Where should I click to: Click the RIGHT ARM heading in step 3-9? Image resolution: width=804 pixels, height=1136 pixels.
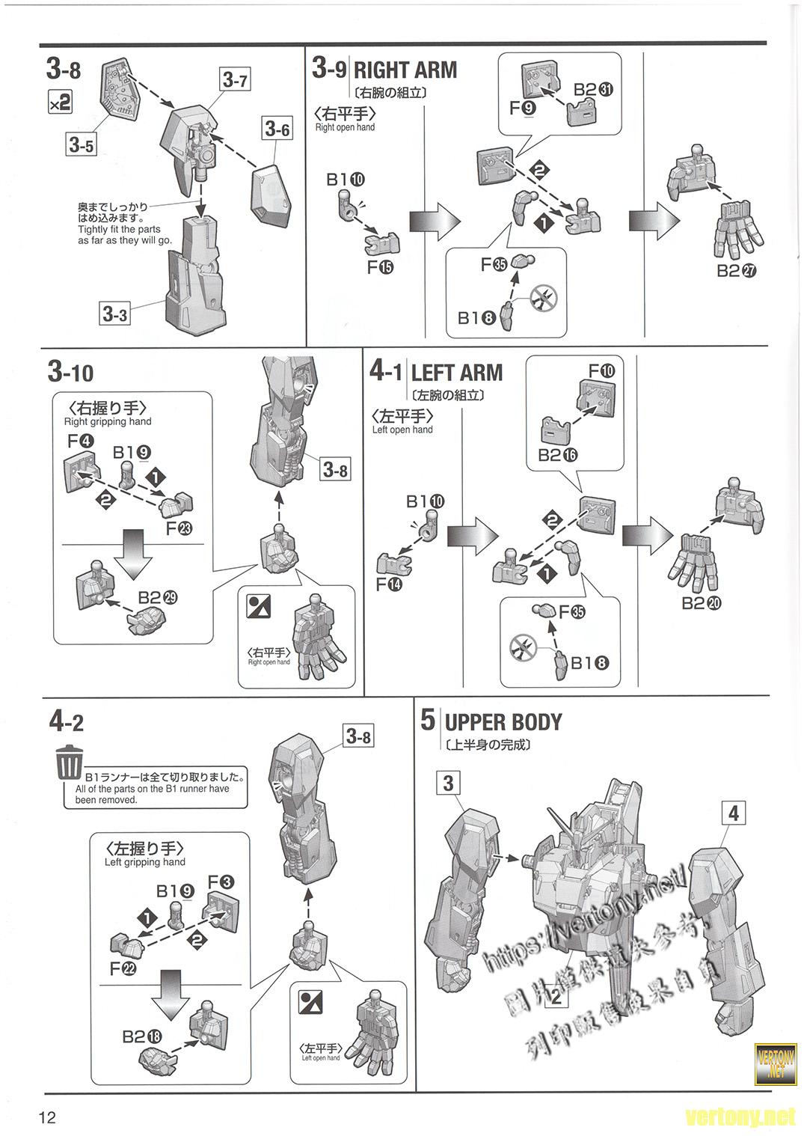(405, 70)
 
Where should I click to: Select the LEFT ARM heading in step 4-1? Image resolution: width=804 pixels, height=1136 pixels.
(456, 373)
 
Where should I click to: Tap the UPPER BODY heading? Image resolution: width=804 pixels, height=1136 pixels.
(503, 722)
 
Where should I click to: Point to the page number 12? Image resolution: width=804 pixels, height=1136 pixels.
(48, 1118)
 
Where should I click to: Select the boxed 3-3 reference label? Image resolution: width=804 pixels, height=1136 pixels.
(114, 314)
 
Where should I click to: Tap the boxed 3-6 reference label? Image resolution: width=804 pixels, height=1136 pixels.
(276, 129)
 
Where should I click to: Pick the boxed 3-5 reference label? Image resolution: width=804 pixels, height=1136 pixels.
(81, 144)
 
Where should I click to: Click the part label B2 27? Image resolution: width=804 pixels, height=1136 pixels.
(737, 271)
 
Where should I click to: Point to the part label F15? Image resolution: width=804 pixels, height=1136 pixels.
(380, 267)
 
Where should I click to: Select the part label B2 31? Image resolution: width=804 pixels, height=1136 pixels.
(594, 89)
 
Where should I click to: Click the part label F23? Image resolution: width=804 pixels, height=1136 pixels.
(179, 528)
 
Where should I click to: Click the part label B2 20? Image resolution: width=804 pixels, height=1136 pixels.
(702, 603)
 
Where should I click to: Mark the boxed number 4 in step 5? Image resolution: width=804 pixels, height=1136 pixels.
(734, 813)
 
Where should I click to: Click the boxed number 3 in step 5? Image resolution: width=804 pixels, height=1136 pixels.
(448, 784)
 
